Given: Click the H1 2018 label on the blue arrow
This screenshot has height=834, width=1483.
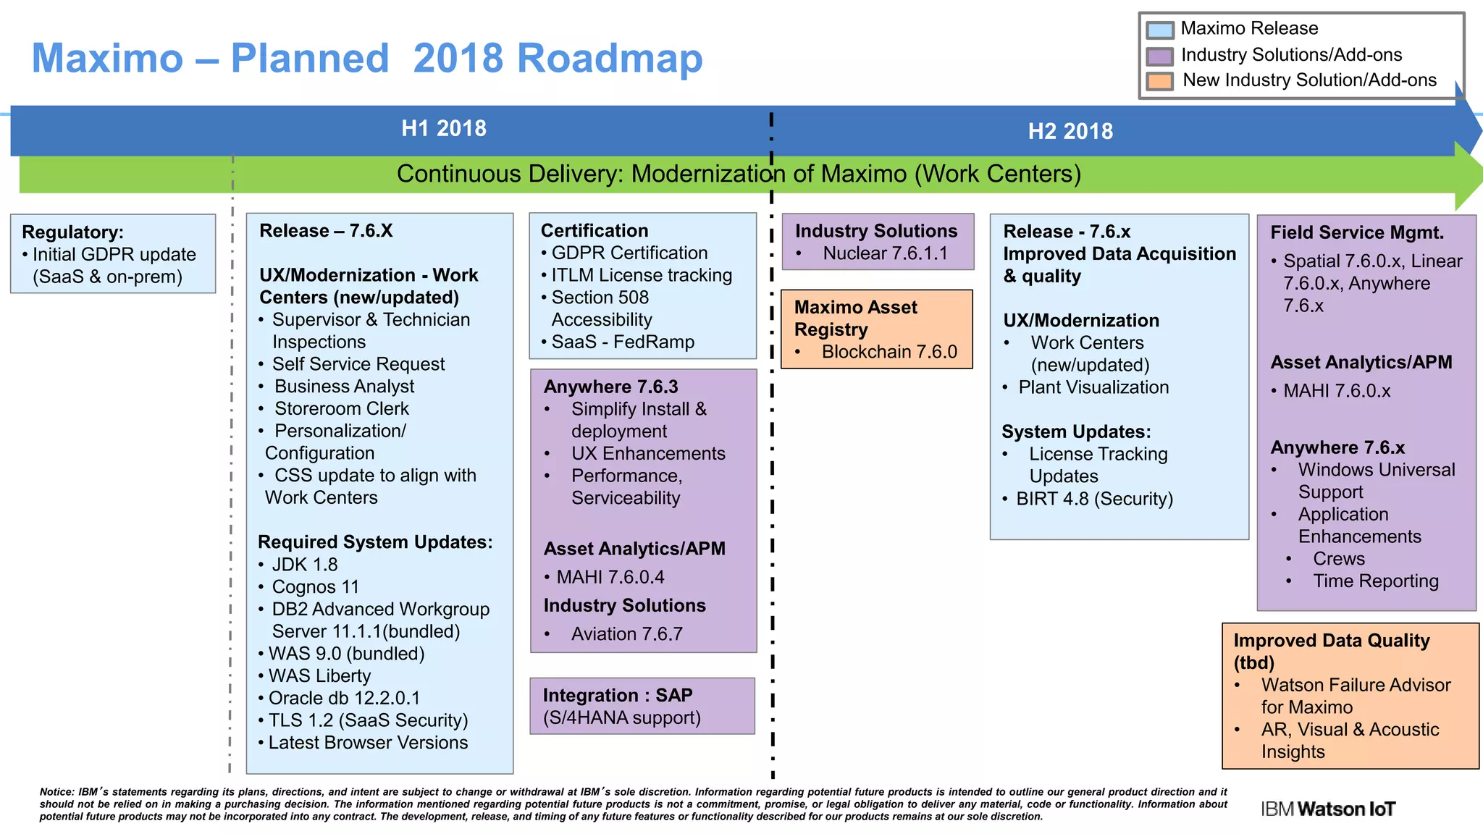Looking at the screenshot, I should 443,128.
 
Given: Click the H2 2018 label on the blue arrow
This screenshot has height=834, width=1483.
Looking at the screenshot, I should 1070,131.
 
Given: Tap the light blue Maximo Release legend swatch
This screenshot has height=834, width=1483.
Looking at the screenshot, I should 1160,30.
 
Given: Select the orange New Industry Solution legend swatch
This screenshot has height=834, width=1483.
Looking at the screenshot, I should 1160,80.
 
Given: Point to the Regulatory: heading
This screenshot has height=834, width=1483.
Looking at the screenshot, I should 72,232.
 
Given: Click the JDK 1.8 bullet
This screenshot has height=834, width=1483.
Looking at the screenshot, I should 304,565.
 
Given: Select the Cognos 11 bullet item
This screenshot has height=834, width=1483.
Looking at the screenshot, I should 315,586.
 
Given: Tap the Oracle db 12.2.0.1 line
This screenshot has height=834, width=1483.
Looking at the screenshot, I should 344,698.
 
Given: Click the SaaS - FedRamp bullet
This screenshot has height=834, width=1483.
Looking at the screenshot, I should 622,342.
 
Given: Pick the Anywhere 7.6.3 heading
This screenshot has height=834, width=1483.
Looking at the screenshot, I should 610,387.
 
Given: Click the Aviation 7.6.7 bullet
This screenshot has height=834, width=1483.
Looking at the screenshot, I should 626,634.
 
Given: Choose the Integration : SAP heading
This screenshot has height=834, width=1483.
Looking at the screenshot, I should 617,695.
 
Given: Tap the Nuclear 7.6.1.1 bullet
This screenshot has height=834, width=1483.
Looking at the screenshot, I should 885,253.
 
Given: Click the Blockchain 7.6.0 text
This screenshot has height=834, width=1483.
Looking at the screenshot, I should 889,352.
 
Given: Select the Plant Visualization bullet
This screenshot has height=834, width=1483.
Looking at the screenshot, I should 1093,387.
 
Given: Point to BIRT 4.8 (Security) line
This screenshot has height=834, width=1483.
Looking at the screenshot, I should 1093,499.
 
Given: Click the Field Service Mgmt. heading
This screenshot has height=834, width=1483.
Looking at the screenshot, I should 1356,232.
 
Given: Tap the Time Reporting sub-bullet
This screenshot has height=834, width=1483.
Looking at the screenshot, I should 1375,581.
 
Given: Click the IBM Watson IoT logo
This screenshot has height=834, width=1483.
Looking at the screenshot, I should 1327,809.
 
